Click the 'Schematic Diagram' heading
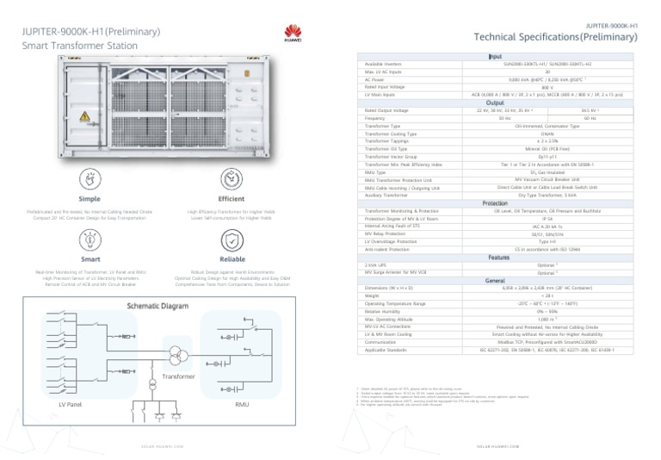(158, 306)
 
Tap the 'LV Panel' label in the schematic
(70, 404)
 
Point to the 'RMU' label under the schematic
(243, 404)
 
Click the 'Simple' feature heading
(90, 198)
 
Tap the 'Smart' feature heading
(90, 258)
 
